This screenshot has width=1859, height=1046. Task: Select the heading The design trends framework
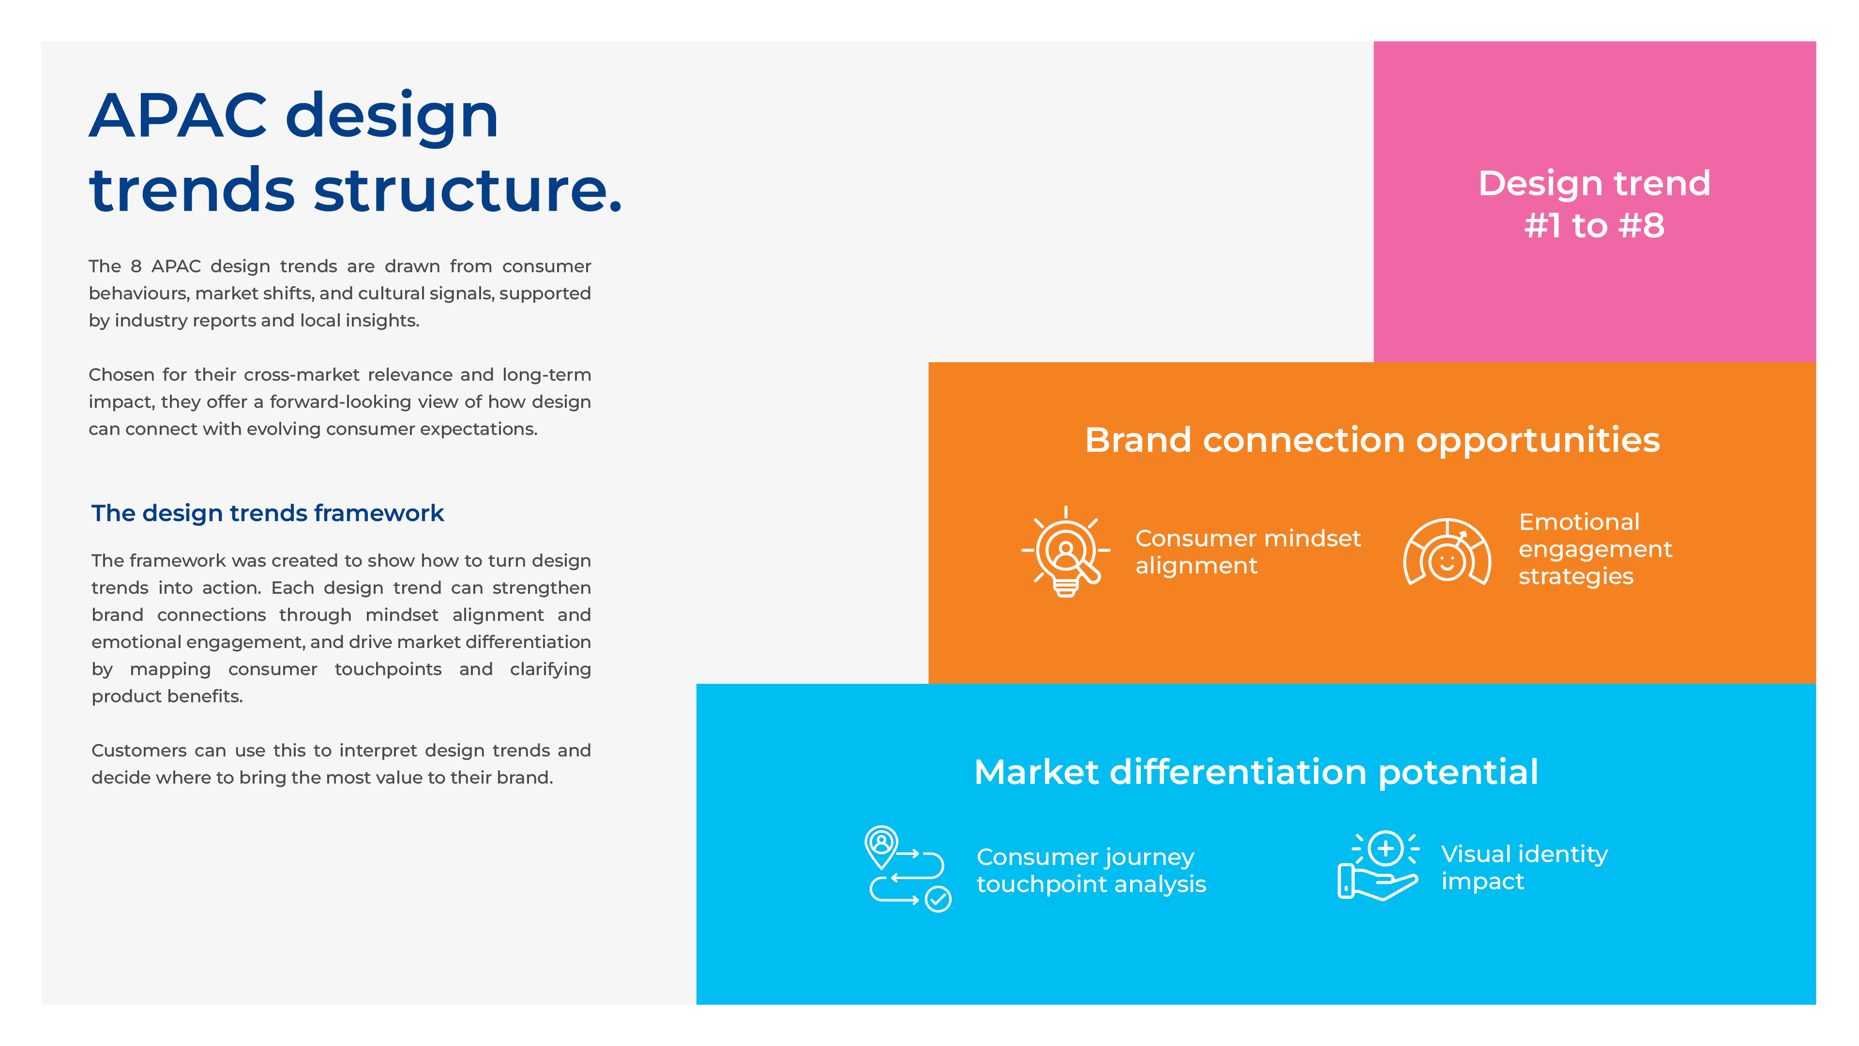click(267, 513)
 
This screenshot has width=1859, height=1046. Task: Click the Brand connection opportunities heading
click(1372, 440)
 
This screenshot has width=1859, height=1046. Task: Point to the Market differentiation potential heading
click(1255, 772)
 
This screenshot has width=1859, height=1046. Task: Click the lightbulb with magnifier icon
click(1066, 552)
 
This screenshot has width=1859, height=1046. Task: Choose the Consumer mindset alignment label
click(1247, 552)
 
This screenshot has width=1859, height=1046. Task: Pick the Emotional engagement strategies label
click(1594, 549)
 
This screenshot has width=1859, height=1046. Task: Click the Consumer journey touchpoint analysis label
click(1090, 871)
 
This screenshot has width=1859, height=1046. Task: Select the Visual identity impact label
click(1524, 868)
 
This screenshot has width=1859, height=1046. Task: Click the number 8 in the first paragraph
click(136, 266)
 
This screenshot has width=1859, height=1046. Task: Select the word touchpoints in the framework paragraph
click(388, 669)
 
